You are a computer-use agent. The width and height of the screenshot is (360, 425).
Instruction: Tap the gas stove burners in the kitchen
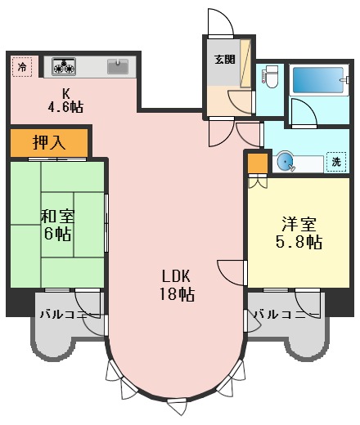pos(64,65)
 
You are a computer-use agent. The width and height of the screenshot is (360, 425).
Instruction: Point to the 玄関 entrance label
pos(224,59)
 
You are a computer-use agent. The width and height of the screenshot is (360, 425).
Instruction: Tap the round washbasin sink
pos(286,162)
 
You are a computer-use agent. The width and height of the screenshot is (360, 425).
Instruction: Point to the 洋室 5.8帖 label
pos(298,233)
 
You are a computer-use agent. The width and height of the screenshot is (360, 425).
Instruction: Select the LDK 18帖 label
pos(177,284)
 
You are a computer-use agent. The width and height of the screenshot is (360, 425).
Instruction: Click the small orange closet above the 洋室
pos(257,163)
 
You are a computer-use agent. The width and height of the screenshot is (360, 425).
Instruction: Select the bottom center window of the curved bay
pos(177,402)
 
